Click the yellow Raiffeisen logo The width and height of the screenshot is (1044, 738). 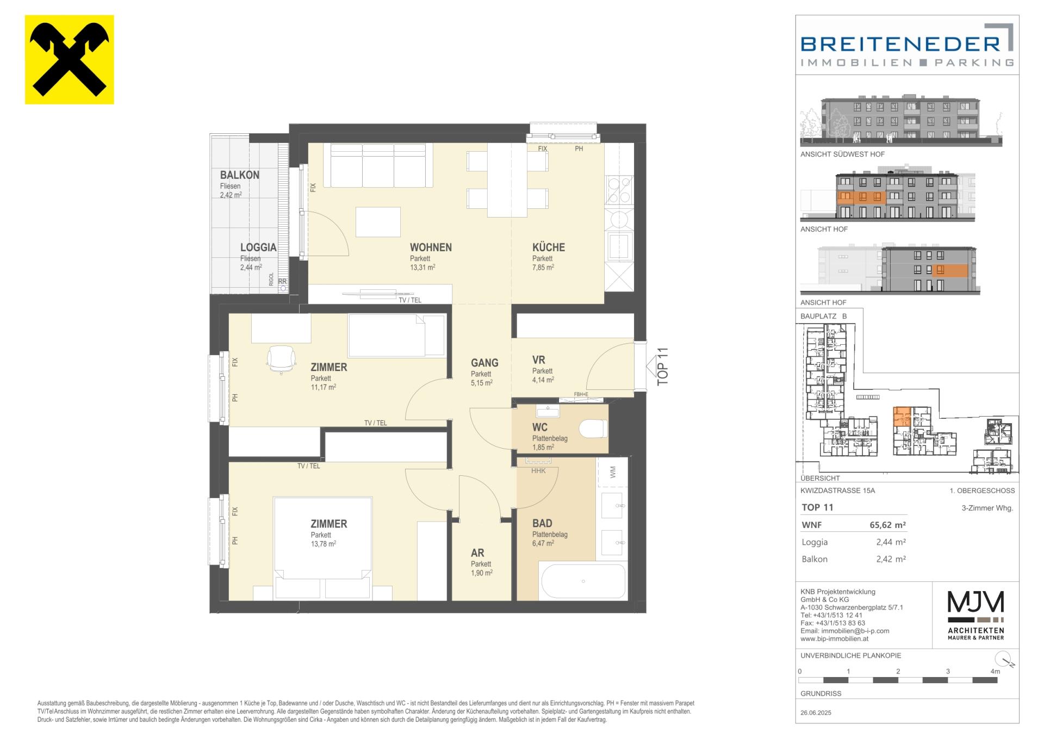coord(70,59)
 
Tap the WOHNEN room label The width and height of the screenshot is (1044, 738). coord(431,247)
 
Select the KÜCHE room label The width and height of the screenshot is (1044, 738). coord(549,247)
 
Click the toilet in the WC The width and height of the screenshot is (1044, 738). coord(593,429)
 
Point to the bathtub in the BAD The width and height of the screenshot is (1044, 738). coord(583,581)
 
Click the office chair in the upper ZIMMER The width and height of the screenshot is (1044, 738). coord(281,359)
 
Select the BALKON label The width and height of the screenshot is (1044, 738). coord(239,175)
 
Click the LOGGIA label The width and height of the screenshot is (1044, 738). coord(258,247)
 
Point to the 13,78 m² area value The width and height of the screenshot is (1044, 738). coord(323,543)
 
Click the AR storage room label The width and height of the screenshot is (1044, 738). coord(477,553)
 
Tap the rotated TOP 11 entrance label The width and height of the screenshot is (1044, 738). coord(662,367)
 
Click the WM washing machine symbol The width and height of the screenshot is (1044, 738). coord(613,472)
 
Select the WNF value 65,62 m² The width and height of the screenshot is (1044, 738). coord(887,525)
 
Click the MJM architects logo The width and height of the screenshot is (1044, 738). coord(976,615)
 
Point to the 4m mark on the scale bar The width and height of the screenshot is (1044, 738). coord(995,672)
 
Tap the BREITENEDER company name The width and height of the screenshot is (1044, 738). coord(900,44)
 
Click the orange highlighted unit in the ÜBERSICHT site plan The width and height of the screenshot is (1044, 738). coord(903,417)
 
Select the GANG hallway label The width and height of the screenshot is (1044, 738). coord(484,363)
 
